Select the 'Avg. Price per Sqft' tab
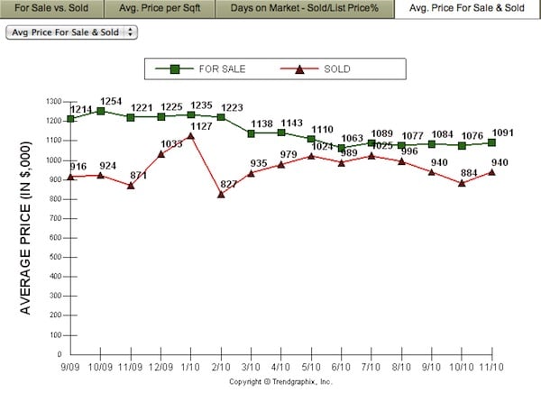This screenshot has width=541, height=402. [160, 9]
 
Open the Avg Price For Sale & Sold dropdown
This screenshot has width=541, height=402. [71, 32]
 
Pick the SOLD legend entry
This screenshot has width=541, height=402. [325, 69]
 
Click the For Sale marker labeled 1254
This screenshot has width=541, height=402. [101, 111]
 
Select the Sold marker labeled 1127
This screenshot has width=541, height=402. [191, 136]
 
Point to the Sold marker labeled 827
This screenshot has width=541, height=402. [221, 194]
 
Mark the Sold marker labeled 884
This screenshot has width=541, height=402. [462, 183]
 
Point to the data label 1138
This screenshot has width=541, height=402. [263, 123]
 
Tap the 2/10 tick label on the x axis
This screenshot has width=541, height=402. [221, 368]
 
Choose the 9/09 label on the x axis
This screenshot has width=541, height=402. [70, 368]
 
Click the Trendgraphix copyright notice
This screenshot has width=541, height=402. [280, 382]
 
